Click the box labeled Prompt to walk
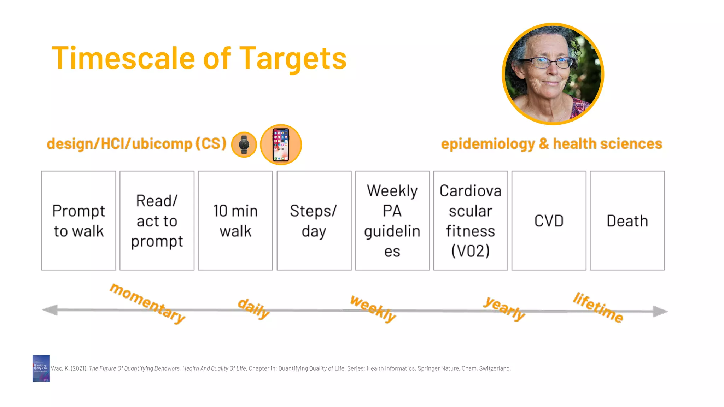point(78,221)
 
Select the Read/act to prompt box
point(157,221)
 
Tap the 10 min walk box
point(235,221)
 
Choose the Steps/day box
point(314,221)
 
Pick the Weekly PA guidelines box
point(392,221)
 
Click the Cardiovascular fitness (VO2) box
point(471,221)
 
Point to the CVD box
point(549,221)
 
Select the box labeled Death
point(627,221)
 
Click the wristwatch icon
point(244,144)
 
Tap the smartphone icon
point(281,144)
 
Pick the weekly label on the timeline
point(373,309)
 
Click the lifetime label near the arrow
point(598,307)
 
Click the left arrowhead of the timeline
point(50,310)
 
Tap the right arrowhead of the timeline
point(660,311)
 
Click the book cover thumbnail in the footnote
point(41,368)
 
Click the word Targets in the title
point(293,59)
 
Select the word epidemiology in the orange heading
point(488,144)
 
